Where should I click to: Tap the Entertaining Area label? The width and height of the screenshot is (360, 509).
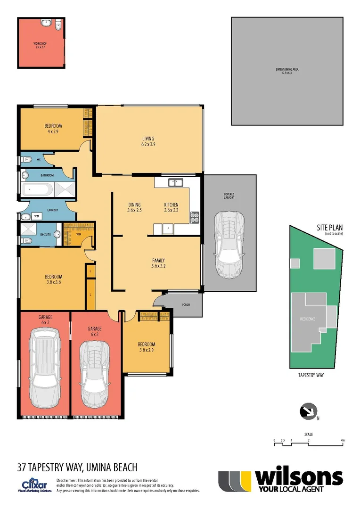pyautogui.click(x=287, y=71)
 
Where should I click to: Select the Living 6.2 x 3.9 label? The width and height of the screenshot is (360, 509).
pyautogui.click(x=148, y=141)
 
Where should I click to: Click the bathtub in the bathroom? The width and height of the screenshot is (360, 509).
pyautogui.click(x=38, y=190)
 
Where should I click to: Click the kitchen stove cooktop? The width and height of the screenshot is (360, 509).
pyautogui.click(x=194, y=217)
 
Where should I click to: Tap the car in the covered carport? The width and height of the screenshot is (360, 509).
pyautogui.click(x=229, y=244)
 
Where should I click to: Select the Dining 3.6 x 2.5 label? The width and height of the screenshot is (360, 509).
pyautogui.click(x=134, y=207)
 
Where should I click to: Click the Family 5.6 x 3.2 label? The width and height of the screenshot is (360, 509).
pyautogui.click(x=158, y=263)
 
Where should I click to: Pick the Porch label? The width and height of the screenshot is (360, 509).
pyautogui.click(x=186, y=305)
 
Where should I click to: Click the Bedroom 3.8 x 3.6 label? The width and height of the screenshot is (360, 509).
pyautogui.click(x=53, y=279)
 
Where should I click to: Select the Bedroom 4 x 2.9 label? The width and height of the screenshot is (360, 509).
pyautogui.click(x=53, y=129)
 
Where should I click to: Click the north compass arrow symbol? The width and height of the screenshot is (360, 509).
pyautogui.click(x=308, y=411)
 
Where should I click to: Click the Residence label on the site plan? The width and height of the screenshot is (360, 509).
pyautogui.click(x=307, y=319)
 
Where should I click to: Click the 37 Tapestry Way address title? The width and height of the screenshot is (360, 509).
pyautogui.click(x=77, y=468)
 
